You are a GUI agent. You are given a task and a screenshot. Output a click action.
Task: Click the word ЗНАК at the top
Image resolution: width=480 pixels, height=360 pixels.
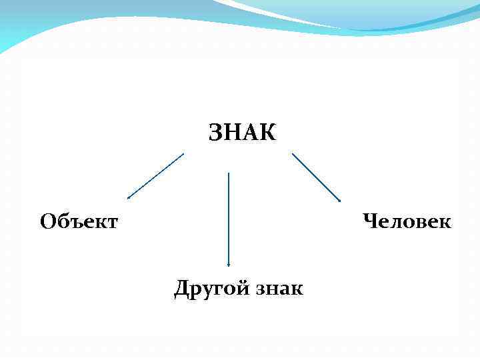[x=242, y=133]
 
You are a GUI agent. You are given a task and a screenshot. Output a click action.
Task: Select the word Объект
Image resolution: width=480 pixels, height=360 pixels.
[x=79, y=221]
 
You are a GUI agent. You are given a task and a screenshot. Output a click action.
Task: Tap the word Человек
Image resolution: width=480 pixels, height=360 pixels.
[x=407, y=220]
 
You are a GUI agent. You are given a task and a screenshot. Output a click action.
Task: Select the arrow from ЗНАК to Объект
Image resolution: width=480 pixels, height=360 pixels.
[x=155, y=176]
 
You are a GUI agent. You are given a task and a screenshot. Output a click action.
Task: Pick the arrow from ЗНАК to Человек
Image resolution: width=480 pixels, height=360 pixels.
[x=317, y=177]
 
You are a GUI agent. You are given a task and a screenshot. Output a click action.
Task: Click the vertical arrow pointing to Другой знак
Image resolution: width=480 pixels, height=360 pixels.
[x=229, y=220]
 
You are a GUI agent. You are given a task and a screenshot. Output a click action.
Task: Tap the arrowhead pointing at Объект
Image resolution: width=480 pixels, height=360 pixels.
[x=129, y=198]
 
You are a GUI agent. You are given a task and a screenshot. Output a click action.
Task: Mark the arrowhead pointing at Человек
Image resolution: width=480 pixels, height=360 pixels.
[x=339, y=200]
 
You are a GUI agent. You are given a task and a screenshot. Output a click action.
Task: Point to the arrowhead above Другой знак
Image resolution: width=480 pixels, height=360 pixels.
[x=229, y=265]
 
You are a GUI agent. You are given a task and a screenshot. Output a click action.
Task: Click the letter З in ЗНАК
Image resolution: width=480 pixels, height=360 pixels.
[x=216, y=133]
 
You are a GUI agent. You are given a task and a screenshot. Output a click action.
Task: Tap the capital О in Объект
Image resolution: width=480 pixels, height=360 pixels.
[x=47, y=221]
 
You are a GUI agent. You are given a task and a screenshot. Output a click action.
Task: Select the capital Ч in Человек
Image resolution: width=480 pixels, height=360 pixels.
[x=370, y=220]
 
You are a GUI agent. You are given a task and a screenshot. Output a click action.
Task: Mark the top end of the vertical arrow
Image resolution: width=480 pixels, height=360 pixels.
[x=229, y=173]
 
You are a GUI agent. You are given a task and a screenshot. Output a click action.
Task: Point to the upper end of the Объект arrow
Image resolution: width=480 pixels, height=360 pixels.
[x=183, y=154]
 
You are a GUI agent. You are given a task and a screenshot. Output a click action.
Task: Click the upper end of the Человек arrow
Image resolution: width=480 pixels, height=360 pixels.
[x=293, y=154]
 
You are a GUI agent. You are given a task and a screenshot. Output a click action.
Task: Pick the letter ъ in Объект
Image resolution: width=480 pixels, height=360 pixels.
[x=73, y=221]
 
